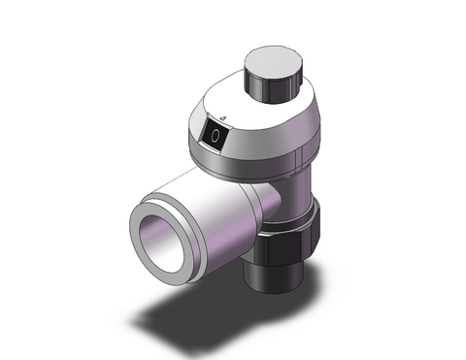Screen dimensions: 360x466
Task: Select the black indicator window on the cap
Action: (x=215, y=140)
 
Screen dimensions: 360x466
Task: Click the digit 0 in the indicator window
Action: (x=215, y=140)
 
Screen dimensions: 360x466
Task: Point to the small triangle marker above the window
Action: (x=223, y=119)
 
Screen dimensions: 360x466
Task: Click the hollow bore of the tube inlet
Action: (x=166, y=241)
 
